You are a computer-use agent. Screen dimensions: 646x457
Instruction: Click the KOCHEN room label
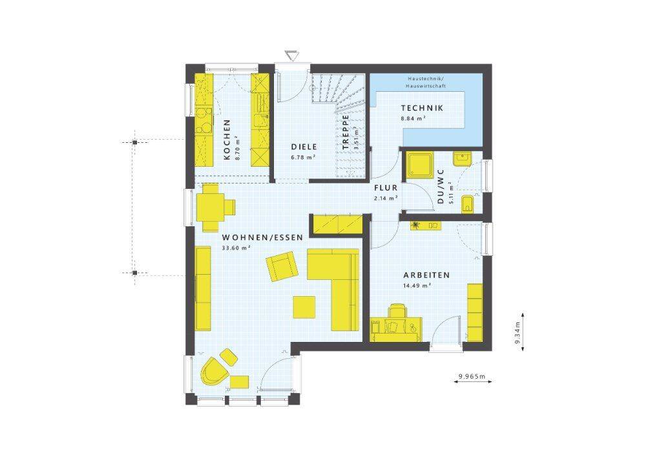[x=227, y=140]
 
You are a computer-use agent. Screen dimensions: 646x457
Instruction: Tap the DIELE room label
[x=304, y=147]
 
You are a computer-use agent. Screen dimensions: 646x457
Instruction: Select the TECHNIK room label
[x=422, y=108]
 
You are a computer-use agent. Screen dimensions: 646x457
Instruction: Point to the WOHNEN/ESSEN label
[x=262, y=238]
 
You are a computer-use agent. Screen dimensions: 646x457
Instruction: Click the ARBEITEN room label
[x=426, y=275]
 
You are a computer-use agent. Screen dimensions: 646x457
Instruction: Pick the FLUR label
[x=386, y=188]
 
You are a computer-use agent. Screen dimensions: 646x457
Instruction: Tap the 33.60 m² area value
[x=236, y=248]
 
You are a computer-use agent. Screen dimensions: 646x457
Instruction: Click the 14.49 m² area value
[x=417, y=285]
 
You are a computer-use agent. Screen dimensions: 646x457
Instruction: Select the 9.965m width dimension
[x=472, y=376]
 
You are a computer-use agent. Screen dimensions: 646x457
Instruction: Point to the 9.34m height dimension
[x=518, y=332]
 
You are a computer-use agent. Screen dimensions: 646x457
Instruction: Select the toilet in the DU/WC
[x=468, y=204]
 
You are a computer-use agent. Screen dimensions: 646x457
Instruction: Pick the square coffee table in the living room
[x=304, y=307]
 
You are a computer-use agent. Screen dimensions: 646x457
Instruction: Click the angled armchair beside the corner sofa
[x=282, y=266]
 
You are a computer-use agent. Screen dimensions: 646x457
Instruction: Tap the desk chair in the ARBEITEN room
[x=397, y=310]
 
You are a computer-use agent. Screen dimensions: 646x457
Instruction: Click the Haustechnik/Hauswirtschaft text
[x=425, y=82]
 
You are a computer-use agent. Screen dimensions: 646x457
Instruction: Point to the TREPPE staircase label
[x=345, y=132]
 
